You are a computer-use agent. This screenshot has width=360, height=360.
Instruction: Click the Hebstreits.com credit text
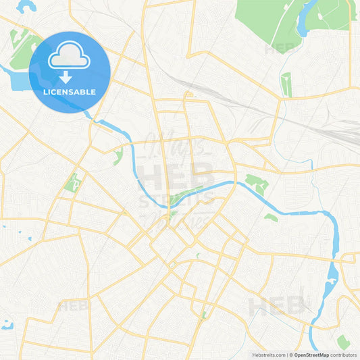tap(268, 355)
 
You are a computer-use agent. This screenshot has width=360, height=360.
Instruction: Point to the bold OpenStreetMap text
tap(311, 355)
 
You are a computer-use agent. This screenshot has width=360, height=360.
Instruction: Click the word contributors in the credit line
tap(343, 355)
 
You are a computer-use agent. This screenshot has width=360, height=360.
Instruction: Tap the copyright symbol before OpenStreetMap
tap(291, 355)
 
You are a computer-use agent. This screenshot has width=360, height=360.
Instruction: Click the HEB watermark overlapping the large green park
tap(279, 49)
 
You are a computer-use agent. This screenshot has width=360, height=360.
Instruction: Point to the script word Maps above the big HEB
tap(177, 143)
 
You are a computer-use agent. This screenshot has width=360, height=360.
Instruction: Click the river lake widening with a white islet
tap(332, 277)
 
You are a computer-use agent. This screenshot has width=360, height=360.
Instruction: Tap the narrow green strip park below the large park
tap(286, 84)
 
